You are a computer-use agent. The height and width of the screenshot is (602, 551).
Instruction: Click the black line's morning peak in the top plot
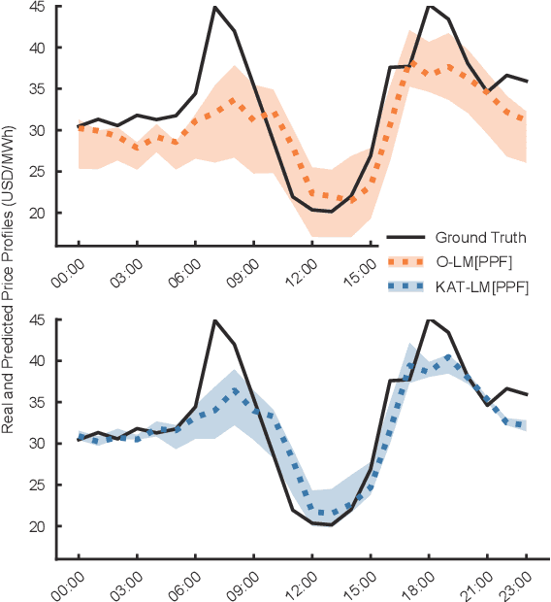214,7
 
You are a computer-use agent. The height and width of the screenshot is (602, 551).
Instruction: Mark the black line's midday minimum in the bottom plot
331,524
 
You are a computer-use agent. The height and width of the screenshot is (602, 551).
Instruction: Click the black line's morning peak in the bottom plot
214,320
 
